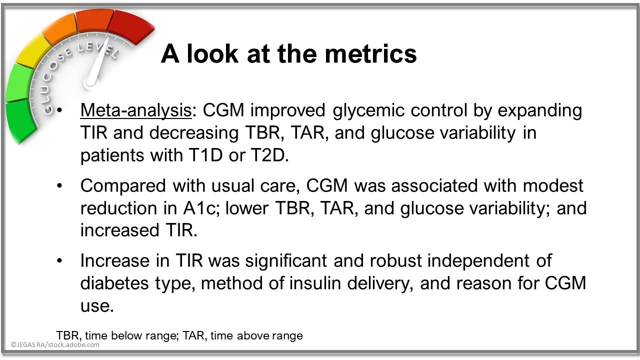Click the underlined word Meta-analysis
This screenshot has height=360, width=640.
click(x=135, y=111)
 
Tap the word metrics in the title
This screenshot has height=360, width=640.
click(x=371, y=54)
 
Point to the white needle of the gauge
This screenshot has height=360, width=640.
click(x=97, y=63)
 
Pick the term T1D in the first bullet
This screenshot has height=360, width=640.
click(x=205, y=155)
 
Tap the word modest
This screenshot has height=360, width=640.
click(x=553, y=185)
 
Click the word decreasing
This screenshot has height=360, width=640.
click(x=193, y=133)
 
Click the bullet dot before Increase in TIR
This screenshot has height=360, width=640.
click(x=59, y=261)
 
